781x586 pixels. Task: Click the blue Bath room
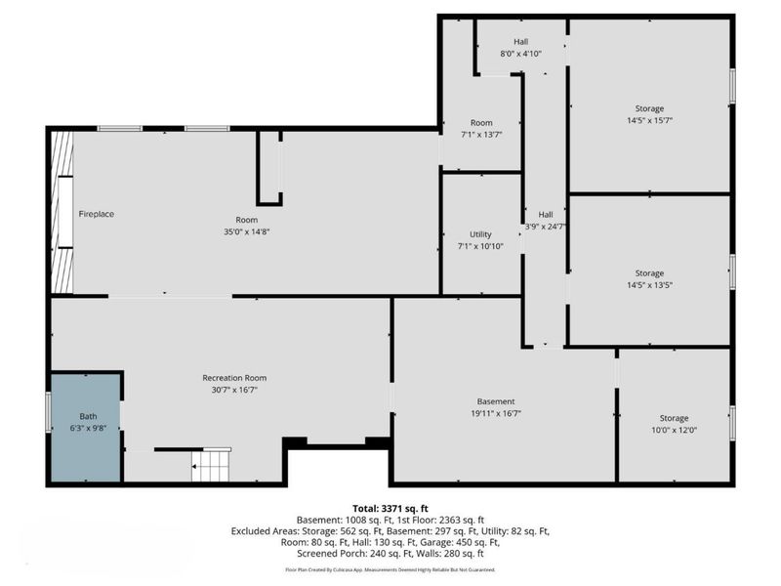pyautogui.click(x=86, y=428)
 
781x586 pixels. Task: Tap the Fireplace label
pyautogui.click(x=96, y=214)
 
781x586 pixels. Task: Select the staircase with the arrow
pyautogui.click(x=211, y=465)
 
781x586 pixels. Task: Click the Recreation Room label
pyautogui.click(x=234, y=378)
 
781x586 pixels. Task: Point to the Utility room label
pyautogui.click(x=480, y=234)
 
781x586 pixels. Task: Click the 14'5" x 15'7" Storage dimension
pyautogui.click(x=649, y=120)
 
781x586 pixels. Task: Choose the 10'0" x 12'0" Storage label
pyautogui.click(x=674, y=424)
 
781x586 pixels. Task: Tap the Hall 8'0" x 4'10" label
pyautogui.click(x=521, y=47)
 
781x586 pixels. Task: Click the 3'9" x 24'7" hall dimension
pyautogui.click(x=546, y=227)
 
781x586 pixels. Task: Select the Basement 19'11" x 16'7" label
pyautogui.click(x=496, y=407)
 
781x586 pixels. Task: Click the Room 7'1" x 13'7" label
pyautogui.click(x=481, y=129)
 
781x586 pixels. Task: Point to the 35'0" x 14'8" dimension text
pyautogui.click(x=247, y=231)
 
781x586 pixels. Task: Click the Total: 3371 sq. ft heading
pyautogui.click(x=390, y=509)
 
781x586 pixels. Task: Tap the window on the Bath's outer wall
pyautogui.click(x=49, y=412)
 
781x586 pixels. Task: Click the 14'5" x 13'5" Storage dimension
pyautogui.click(x=649, y=285)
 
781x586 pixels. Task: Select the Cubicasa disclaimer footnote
pyautogui.click(x=390, y=569)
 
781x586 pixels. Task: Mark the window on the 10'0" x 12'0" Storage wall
pyautogui.click(x=733, y=423)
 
